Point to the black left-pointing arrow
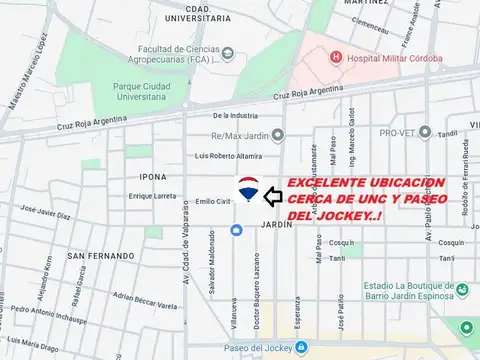coord(272,197)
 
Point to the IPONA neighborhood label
coord(153,177)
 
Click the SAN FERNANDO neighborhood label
coord(100,256)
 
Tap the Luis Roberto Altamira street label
coord(228,155)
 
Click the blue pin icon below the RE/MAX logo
coord(236,231)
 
